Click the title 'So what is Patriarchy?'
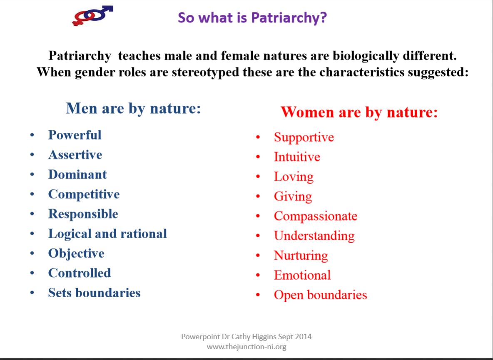252,17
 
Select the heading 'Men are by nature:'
133,109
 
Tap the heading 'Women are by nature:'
359,112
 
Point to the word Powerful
75,135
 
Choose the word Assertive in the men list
75,154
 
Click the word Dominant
77,174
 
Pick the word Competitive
84,194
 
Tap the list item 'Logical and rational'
107,234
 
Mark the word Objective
76,253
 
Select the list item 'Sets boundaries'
95,293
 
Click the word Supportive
304,137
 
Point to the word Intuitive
297,157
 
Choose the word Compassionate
316,216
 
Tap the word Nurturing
301,256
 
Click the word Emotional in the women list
302,275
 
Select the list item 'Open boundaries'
320,295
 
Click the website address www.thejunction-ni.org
246,347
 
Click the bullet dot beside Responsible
32,214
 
